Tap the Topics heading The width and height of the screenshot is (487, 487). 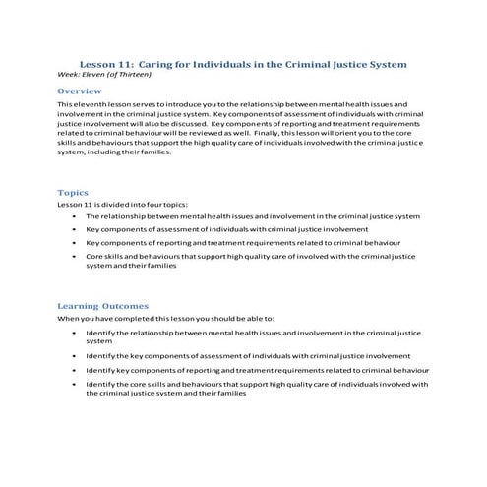click(73, 193)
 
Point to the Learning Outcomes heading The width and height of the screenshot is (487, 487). click(102, 306)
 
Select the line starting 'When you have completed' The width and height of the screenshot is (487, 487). click(165, 318)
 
